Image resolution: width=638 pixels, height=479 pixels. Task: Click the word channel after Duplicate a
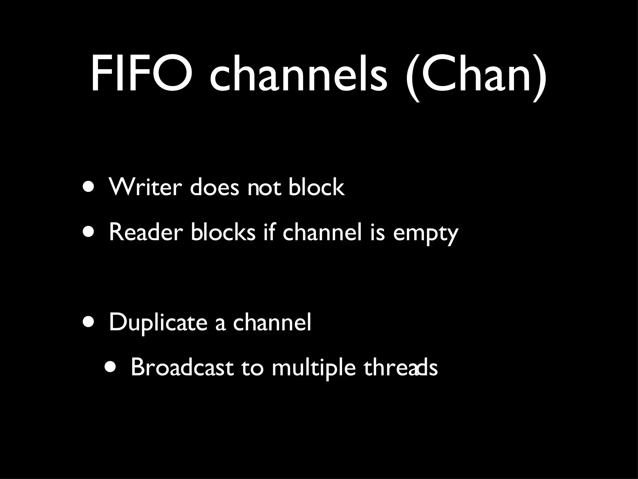[272, 322]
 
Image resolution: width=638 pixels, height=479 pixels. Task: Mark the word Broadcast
[182, 367]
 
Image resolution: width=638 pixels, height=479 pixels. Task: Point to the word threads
[401, 367]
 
